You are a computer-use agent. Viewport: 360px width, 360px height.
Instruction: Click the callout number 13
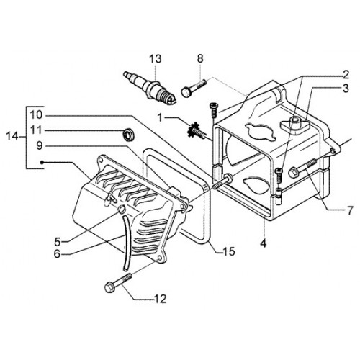[156, 59]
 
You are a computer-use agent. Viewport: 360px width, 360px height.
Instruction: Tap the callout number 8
[200, 59]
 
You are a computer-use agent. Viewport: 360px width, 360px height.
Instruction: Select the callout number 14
[12, 137]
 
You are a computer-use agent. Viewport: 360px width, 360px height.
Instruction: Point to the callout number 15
[229, 251]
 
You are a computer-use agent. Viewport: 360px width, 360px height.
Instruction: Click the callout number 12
[160, 299]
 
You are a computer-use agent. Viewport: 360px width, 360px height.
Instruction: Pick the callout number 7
[350, 210]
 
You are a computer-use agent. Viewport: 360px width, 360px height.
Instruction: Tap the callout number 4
[264, 243]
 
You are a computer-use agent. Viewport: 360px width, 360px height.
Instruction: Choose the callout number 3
[346, 89]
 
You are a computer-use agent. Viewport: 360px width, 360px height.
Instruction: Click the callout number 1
[161, 118]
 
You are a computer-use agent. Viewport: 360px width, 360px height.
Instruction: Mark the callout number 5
[57, 242]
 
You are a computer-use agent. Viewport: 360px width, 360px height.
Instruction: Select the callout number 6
[57, 254]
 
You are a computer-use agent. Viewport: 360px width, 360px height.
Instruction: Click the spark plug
[150, 89]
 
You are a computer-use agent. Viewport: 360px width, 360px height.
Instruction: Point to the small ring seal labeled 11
[129, 134]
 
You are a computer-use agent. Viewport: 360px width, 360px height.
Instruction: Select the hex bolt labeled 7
[302, 168]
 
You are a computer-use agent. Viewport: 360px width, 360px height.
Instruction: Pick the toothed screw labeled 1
[197, 131]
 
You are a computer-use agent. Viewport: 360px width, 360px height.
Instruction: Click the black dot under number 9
[42, 163]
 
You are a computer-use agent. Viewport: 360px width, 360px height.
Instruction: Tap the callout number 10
[36, 115]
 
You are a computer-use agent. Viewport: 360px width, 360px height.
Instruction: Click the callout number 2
[346, 75]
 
